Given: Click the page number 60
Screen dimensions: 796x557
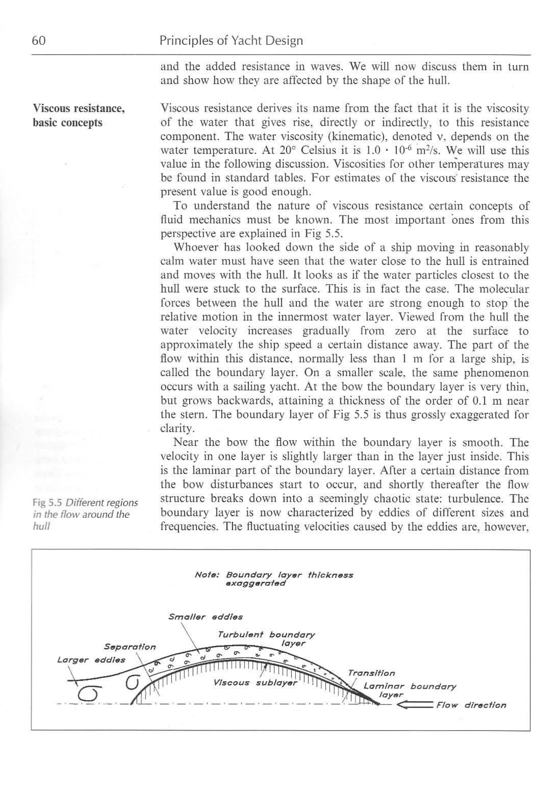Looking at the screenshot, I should click(39, 41).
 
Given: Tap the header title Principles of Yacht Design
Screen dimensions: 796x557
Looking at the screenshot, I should click(231, 41).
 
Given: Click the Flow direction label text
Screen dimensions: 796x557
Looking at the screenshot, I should click(471, 705).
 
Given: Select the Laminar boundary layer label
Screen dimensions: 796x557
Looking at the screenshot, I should click(409, 691).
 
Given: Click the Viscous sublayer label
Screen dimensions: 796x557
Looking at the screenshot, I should click(256, 683).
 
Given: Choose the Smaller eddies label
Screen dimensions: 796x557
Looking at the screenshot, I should click(205, 617).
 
